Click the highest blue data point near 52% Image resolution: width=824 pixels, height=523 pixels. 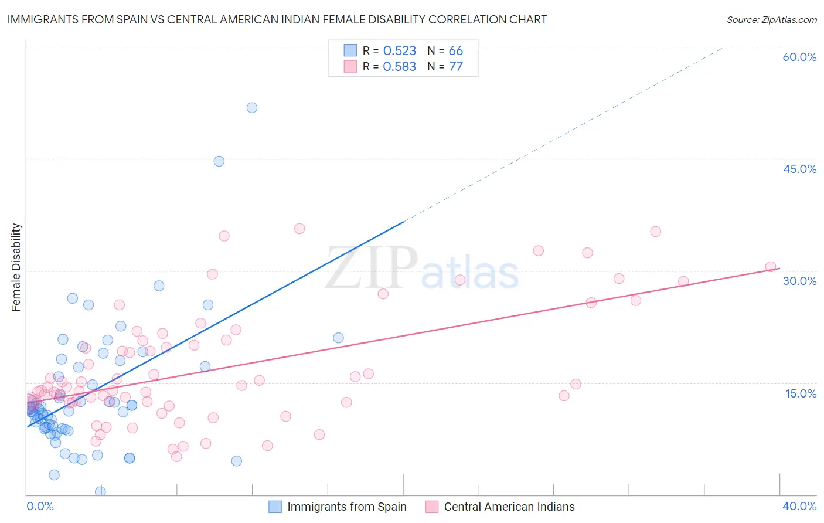click(252, 108)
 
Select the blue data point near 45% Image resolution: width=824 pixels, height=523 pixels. click(219, 161)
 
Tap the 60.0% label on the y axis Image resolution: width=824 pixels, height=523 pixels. click(799, 57)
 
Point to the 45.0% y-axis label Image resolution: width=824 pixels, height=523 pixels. click(799, 169)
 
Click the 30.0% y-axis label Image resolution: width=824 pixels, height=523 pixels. click(799, 281)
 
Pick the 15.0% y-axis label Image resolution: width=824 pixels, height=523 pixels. click(801, 393)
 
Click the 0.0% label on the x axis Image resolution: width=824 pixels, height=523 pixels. click(40, 506)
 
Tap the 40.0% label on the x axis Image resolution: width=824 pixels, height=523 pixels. click(799, 506)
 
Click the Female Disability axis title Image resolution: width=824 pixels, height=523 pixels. click(16, 267)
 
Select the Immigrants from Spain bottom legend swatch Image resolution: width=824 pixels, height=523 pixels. click(275, 507)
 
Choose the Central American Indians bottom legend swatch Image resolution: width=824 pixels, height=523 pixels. click(432, 507)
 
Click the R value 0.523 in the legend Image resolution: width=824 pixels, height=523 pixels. click(399, 51)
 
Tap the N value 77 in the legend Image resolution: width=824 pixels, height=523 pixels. click(456, 67)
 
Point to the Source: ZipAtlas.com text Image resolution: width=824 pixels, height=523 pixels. click(771, 20)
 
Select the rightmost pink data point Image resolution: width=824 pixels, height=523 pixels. click(771, 267)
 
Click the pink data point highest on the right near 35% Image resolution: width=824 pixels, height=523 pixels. click(656, 232)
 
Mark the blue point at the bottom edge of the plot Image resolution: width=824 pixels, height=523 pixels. click(100, 491)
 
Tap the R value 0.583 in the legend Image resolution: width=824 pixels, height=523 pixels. click(399, 67)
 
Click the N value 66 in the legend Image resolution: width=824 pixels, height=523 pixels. click(456, 51)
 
